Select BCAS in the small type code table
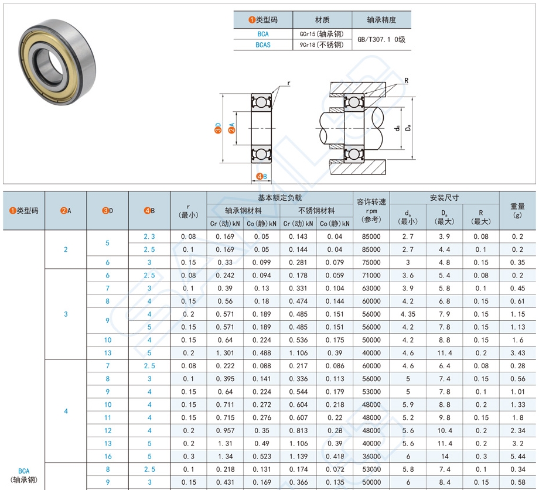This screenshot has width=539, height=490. (x=263, y=44)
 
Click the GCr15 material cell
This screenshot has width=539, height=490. (x=322, y=34)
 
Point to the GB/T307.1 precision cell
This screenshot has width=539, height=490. (x=381, y=39)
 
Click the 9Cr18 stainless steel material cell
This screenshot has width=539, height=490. (x=322, y=44)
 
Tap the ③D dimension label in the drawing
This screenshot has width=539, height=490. (x=218, y=129)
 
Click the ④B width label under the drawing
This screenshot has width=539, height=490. (x=262, y=176)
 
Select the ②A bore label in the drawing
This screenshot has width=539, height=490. (x=231, y=129)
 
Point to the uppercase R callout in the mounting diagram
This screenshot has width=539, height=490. (x=405, y=80)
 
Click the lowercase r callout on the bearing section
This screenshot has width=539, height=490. (x=288, y=83)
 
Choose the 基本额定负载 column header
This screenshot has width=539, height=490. (x=279, y=198)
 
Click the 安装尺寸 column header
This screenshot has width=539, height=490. (x=444, y=198)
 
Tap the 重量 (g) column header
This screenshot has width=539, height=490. (x=517, y=210)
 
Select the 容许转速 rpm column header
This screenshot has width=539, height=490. (x=371, y=210)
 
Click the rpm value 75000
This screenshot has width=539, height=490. (x=371, y=262)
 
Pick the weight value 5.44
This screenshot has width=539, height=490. (x=517, y=457)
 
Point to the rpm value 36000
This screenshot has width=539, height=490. (x=371, y=457)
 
